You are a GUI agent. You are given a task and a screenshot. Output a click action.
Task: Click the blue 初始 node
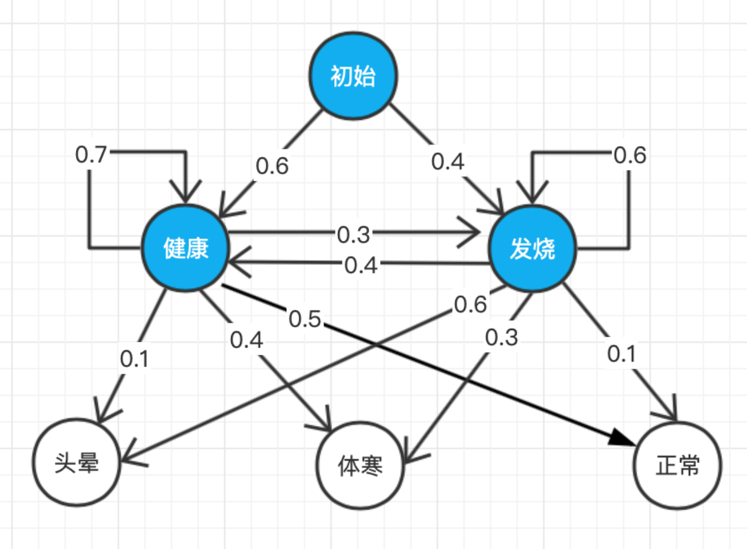[353, 77]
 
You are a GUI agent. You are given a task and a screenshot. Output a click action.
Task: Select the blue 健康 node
[185, 249]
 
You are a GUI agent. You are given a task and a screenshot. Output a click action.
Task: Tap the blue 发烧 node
[532, 249]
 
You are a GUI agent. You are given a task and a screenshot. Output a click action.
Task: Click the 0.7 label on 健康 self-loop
[91, 154]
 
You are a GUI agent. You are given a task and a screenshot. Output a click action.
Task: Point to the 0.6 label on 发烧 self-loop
[631, 154]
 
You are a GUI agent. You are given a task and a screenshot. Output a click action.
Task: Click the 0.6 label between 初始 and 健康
[272, 166]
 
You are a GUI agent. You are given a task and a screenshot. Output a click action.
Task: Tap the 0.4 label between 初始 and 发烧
[448, 161]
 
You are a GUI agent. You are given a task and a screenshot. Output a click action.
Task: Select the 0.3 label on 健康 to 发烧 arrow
[353, 235]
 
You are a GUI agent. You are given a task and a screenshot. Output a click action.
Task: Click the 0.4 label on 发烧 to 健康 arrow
[361, 264]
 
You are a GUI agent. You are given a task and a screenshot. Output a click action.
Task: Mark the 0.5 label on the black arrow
[305, 319]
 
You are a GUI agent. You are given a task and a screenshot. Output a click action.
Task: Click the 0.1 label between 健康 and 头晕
[134, 359]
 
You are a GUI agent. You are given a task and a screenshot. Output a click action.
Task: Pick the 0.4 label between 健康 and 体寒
[246, 340]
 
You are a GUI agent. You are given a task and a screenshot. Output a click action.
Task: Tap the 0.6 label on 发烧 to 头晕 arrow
[471, 304]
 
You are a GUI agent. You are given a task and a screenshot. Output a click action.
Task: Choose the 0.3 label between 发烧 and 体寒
[501, 337]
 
